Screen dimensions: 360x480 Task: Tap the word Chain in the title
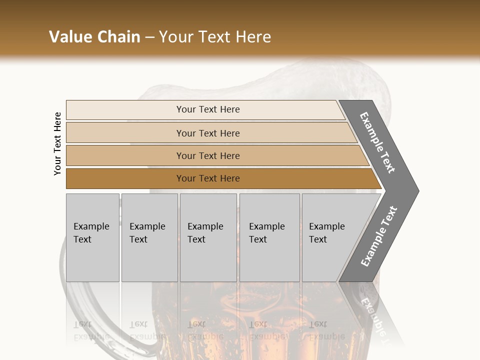[x=117, y=37]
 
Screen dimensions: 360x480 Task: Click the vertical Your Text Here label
[x=57, y=144]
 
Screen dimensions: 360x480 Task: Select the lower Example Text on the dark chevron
[x=378, y=236]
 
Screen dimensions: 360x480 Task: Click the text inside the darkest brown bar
[x=208, y=178]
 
